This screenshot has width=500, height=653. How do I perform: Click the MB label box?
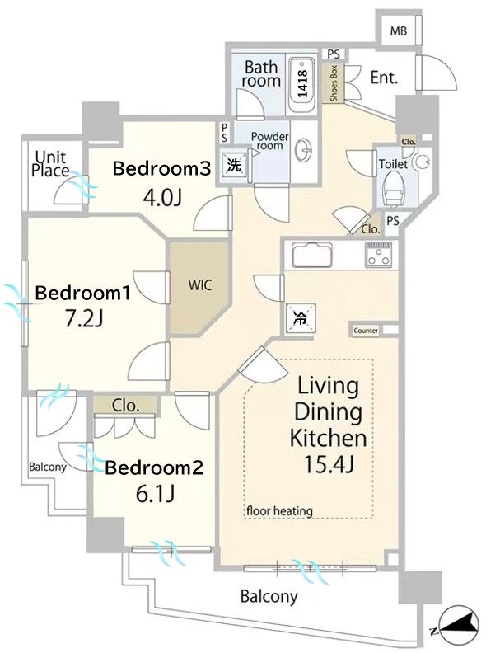[398, 31]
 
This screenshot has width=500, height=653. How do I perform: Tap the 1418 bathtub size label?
[303, 83]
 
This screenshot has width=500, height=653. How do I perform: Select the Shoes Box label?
[334, 83]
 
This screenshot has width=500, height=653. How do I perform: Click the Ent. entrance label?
[384, 78]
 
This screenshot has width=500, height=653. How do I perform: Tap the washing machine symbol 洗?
[234, 165]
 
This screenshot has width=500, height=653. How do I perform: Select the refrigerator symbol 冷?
[301, 318]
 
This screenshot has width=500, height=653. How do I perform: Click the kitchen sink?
[312, 255]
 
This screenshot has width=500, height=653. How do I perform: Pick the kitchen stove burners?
[378, 255]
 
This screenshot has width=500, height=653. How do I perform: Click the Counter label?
[366, 331]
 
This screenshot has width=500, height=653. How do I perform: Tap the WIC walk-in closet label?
[200, 285]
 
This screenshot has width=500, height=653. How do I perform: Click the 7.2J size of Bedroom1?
[84, 319]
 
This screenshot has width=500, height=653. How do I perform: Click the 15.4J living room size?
[329, 463]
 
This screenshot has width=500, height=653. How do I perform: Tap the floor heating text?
[279, 510]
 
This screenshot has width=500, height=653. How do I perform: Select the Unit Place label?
[51, 164]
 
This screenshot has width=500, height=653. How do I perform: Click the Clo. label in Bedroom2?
[125, 405]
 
